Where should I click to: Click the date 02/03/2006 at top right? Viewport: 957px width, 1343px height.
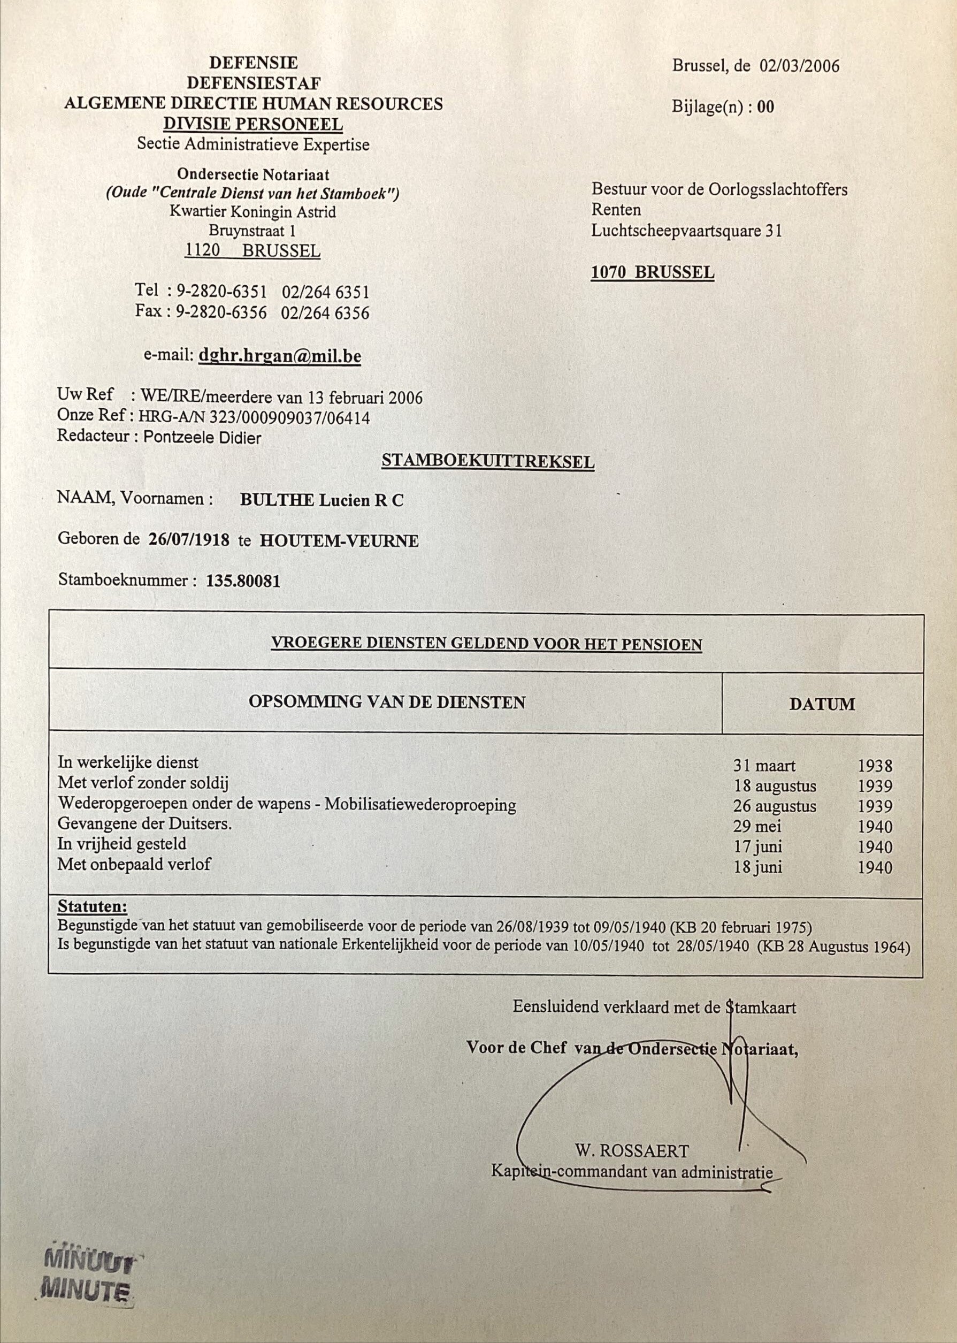pos(799,65)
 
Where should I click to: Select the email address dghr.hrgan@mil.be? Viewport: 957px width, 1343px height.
pos(280,356)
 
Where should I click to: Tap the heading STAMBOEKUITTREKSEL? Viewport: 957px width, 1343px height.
pos(488,461)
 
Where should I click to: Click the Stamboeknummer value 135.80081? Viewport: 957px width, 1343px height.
pos(243,581)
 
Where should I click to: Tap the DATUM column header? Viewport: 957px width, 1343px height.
pos(822,704)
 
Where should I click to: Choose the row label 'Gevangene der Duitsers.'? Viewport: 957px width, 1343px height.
pos(145,823)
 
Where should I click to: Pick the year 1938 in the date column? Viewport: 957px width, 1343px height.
pos(875,766)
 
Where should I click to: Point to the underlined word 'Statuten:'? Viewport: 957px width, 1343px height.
pos(93,906)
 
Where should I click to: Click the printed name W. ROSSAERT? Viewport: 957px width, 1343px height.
pos(632,1150)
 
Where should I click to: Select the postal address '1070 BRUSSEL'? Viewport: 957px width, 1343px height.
pos(652,272)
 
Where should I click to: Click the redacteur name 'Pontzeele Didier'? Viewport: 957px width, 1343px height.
pos(202,438)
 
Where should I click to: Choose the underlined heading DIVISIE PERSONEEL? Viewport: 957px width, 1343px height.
pos(254,124)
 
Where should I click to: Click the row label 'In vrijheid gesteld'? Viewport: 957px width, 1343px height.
pos(122,844)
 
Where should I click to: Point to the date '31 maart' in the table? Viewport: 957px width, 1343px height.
pos(764,766)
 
